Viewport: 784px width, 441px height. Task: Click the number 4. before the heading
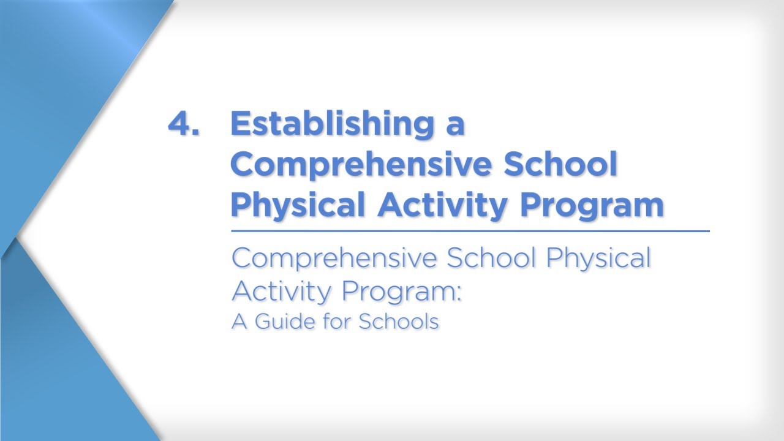(x=183, y=124)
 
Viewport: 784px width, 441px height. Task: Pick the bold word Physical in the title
(x=299, y=205)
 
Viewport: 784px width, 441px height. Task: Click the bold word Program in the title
(x=592, y=206)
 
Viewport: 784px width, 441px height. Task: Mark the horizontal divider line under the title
(x=470, y=232)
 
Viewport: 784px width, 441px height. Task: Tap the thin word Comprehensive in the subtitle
(x=335, y=258)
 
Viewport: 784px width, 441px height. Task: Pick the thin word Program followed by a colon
(x=398, y=292)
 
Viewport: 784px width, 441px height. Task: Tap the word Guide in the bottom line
(x=287, y=321)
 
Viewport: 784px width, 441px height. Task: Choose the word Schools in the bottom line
(x=399, y=321)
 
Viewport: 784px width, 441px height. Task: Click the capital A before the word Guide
(x=239, y=321)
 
